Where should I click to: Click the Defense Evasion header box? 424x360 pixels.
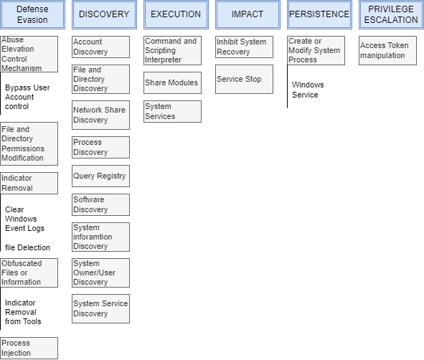click(x=32, y=14)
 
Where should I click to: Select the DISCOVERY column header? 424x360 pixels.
click(x=104, y=14)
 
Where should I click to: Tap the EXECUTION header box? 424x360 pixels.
click(x=176, y=14)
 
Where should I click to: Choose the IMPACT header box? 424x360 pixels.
click(x=248, y=14)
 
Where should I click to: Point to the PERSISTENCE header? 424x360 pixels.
click(x=319, y=14)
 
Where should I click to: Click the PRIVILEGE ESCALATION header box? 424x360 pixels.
click(x=391, y=14)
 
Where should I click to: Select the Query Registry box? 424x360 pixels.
click(x=100, y=176)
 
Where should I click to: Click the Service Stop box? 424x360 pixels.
click(x=244, y=79)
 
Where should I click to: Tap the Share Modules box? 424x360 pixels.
click(x=172, y=82)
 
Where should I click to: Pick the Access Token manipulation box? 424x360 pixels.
click(x=387, y=50)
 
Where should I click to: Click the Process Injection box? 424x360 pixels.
click(x=29, y=348)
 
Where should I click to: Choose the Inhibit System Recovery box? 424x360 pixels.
click(x=244, y=47)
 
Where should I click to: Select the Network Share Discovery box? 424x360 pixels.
click(x=100, y=115)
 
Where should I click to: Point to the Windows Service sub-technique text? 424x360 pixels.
click(x=308, y=90)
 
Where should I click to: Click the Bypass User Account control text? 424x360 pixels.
click(x=27, y=97)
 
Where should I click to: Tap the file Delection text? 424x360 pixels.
click(x=27, y=247)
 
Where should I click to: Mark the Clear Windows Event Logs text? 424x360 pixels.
click(x=24, y=219)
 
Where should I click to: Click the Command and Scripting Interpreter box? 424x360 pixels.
click(x=172, y=50)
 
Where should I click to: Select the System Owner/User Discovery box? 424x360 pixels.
click(x=100, y=273)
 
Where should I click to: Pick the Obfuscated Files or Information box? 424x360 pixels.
click(x=29, y=273)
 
